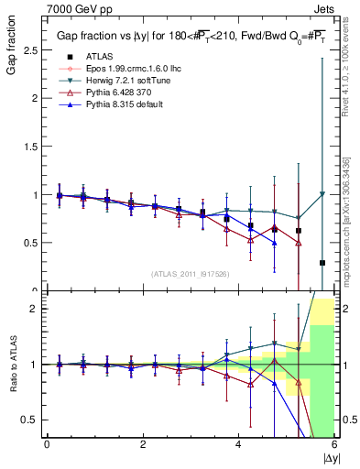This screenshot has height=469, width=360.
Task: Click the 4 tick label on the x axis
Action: click(239, 444)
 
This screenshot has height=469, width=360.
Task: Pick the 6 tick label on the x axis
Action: click(334, 444)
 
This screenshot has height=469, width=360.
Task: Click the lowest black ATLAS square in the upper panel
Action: click(322, 263)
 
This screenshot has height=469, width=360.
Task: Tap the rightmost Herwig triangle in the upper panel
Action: click(322, 194)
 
